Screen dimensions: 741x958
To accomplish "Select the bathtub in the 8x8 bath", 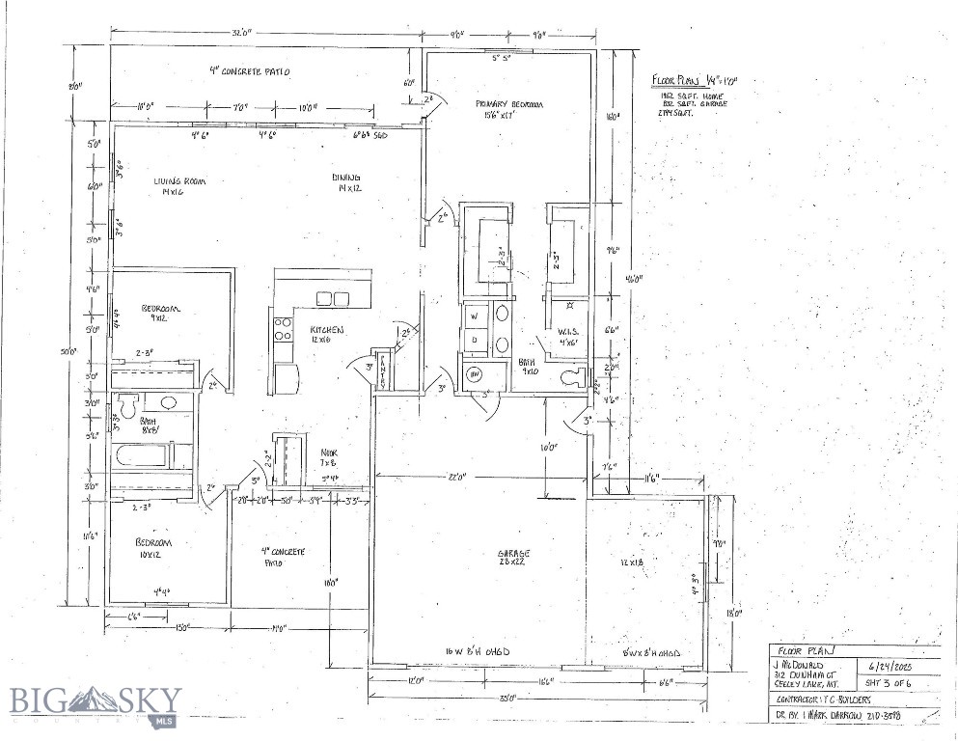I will pos(143,454).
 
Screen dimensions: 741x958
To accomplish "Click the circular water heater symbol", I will pos(475,374).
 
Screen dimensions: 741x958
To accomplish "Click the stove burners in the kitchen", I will pos(283,329).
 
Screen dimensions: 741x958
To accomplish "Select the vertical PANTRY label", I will pos(382,370).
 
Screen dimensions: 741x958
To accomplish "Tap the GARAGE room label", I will pos(513,554).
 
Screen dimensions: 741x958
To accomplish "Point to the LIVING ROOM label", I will pos(179,182).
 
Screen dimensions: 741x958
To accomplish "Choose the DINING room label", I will pos(346,179).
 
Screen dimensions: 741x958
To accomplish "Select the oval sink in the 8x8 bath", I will pos(168,402).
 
